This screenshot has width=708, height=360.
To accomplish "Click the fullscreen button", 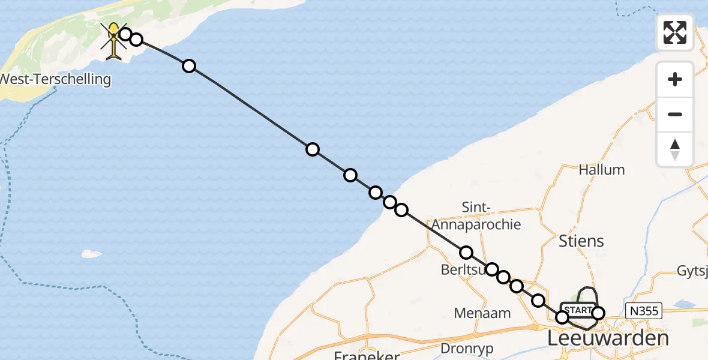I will [675, 32].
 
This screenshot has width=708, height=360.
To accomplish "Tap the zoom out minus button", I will [675, 115].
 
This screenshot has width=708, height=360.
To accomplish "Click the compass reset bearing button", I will [675, 149].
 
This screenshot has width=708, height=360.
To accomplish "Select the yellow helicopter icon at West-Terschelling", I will [113, 40].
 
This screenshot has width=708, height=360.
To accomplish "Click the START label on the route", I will [578, 310].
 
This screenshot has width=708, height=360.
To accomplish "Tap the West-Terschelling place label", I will [55, 79].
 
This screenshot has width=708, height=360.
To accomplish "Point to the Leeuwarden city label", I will [608, 338].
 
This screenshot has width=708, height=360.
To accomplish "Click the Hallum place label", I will [601, 170].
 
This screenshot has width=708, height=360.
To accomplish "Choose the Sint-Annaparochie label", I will [484, 216].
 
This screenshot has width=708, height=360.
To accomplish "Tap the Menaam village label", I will [482, 313].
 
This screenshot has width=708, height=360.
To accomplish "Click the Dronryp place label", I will [466, 348].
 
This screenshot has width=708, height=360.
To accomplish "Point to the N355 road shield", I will [643, 310].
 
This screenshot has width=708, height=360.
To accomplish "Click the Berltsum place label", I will [463, 270].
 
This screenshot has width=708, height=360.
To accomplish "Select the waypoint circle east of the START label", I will [598, 313].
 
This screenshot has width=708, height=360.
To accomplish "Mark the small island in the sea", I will [91, 254].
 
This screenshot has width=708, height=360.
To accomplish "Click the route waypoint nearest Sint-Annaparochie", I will [466, 253].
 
